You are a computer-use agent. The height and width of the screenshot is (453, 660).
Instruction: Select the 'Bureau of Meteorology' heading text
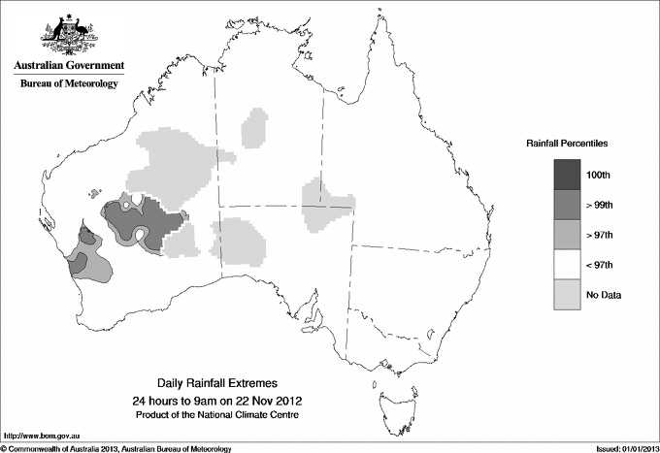69,83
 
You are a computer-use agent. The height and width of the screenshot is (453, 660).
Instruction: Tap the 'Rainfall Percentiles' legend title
567,143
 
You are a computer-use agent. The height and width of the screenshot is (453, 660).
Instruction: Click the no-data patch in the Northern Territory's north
255,127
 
